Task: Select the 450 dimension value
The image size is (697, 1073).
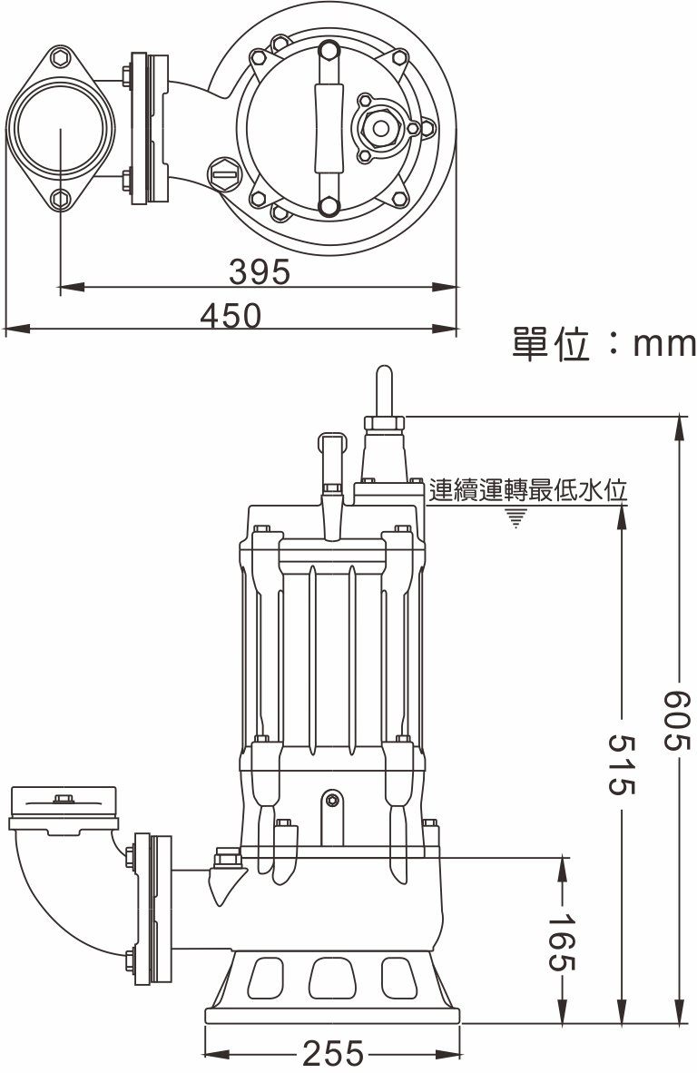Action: [x=231, y=316]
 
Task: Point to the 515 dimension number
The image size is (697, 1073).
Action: [x=621, y=765]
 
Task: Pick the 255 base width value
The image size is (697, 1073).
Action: [x=332, y=1054]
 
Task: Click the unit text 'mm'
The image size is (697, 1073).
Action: [x=663, y=344]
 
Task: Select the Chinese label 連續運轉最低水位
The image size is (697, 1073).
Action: [x=529, y=491]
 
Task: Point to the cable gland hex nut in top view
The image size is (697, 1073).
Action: [x=379, y=128]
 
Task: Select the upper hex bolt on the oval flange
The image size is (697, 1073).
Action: [x=62, y=58]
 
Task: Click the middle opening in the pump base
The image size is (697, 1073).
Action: [x=329, y=979]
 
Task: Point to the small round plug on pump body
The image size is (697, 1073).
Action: [x=333, y=800]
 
